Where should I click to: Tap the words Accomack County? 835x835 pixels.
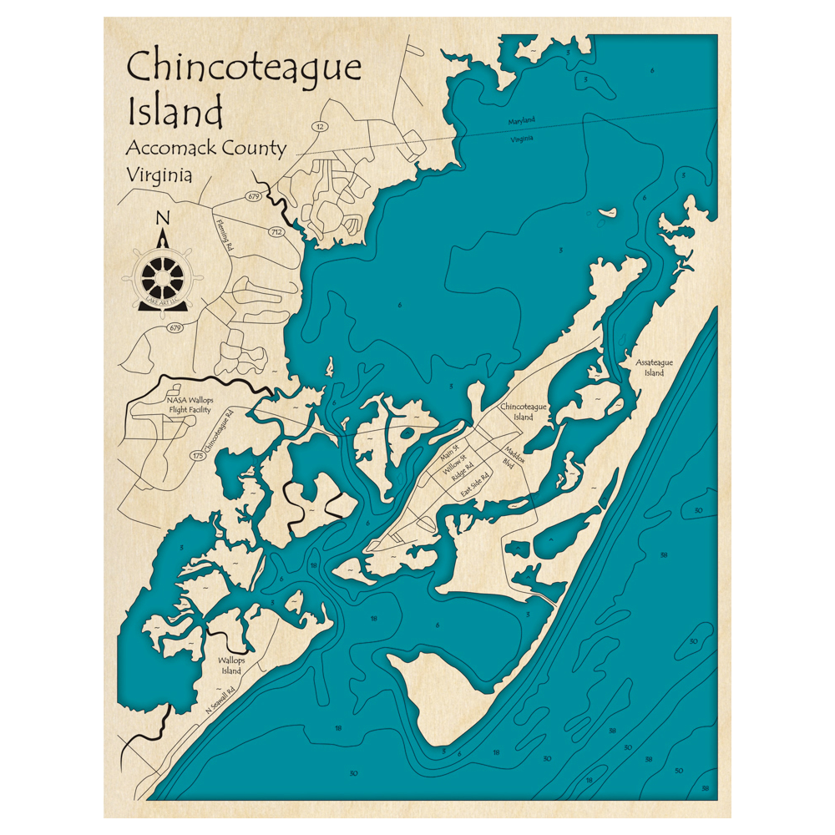[x=205, y=149]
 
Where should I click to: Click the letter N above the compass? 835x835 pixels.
[x=163, y=219]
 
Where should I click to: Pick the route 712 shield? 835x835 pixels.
[x=276, y=231]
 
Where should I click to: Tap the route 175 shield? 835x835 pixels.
[x=197, y=455]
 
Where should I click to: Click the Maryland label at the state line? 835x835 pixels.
[x=521, y=121]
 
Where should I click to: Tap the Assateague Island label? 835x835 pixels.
[x=654, y=367]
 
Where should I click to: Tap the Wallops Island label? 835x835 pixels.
[x=230, y=665]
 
